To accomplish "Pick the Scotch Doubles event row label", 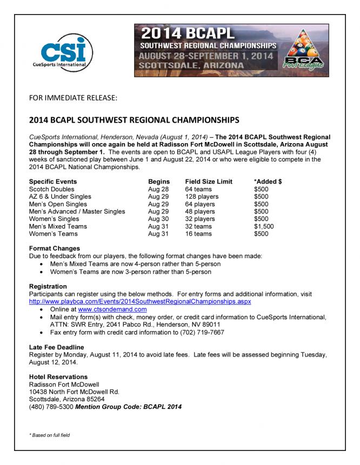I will point(52,189).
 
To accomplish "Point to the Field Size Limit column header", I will point(209,181).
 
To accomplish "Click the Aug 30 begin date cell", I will point(158,219).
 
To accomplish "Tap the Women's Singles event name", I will point(55,219).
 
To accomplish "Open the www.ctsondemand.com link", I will point(112,309).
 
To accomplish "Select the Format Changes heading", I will point(55,248).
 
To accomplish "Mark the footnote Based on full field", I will point(50,435).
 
